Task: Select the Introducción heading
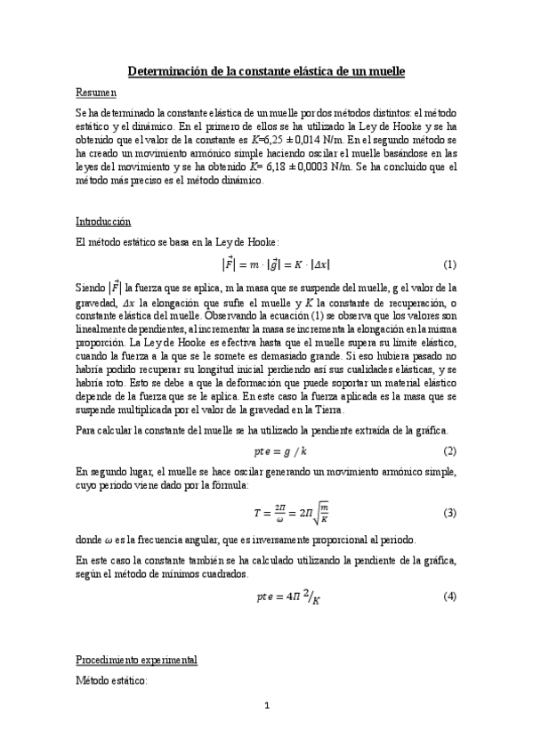pyautogui.click(x=103, y=221)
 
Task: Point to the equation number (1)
pyautogui.click(x=449, y=264)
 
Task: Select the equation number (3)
pyautogui.click(x=449, y=515)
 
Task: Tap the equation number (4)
pyautogui.click(x=449, y=596)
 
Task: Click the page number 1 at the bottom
pyautogui.click(x=266, y=732)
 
